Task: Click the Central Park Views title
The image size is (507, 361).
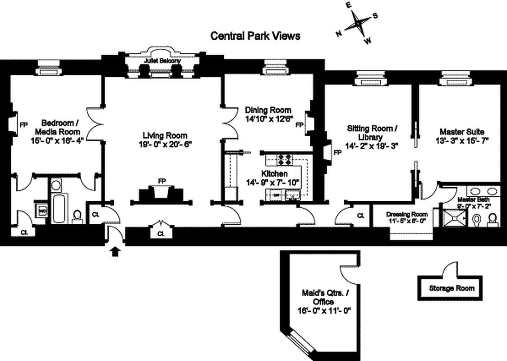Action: pyautogui.click(x=255, y=36)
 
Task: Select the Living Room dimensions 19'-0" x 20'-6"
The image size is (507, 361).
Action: pyautogui.click(x=165, y=144)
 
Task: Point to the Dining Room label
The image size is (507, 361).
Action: pyautogui.click(x=268, y=110)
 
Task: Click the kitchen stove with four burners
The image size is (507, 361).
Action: pyautogui.click(x=286, y=159)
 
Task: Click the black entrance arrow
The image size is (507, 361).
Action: pyautogui.click(x=115, y=251)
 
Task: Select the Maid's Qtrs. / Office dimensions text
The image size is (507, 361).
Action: pyautogui.click(x=324, y=310)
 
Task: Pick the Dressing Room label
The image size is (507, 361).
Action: pyautogui.click(x=407, y=214)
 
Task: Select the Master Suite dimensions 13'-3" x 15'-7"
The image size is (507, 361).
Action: pyautogui.click(x=462, y=140)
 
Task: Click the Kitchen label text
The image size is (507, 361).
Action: pyautogui.click(x=274, y=174)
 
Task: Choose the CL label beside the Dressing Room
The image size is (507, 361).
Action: pyautogui.click(x=360, y=216)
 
